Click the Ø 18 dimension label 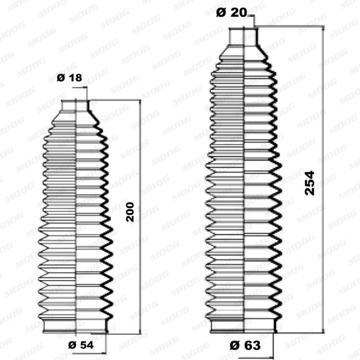[x=70, y=78]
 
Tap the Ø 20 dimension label [x=231, y=13]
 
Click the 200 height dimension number [x=130, y=211]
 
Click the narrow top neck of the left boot [x=75, y=105]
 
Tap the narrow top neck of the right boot [x=243, y=36]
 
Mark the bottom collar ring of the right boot [x=243, y=326]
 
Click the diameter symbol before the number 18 [x=61, y=78]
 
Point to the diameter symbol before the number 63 [x=233, y=346]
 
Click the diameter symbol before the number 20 [x=220, y=13]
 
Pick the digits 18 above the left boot [x=75, y=78]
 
